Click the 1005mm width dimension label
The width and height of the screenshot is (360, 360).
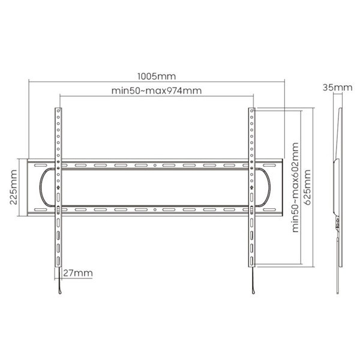(157, 76)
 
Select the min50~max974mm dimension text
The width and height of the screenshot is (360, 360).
(157, 91)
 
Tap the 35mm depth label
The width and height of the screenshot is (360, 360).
(337, 88)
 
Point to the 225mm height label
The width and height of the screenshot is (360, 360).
(14, 187)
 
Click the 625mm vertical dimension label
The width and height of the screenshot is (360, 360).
(307, 187)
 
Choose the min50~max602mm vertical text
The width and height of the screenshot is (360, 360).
(295, 188)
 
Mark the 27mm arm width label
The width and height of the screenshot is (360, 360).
(78, 273)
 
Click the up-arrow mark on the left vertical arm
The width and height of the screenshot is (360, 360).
(58, 187)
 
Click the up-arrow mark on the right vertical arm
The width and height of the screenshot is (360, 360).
(251, 187)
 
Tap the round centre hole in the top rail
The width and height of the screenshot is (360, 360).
(155, 166)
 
